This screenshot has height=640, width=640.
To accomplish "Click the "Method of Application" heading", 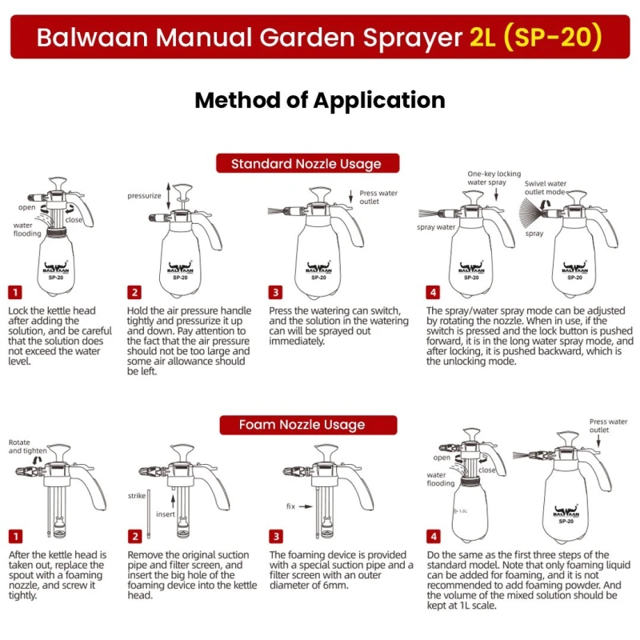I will (320, 100).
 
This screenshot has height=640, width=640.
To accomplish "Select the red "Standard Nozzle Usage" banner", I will (306, 163).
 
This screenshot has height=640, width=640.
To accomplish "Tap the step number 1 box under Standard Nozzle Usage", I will (15, 293).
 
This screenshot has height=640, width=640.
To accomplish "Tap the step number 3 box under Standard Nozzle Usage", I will (275, 293).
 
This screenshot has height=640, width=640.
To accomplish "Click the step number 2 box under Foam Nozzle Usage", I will (135, 536).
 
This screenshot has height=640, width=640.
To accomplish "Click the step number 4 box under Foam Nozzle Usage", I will (433, 536).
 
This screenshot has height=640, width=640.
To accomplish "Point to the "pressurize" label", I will (144, 195).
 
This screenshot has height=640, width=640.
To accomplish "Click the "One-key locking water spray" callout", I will (494, 178).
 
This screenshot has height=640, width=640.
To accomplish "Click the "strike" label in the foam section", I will (137, 496).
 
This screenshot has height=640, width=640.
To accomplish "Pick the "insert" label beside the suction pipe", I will (166, 514).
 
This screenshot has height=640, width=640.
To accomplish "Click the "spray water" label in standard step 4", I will (436, 227).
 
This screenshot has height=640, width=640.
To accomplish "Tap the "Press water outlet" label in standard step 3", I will (378, 197).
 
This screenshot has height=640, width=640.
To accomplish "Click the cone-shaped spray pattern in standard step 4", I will (533, 214).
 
